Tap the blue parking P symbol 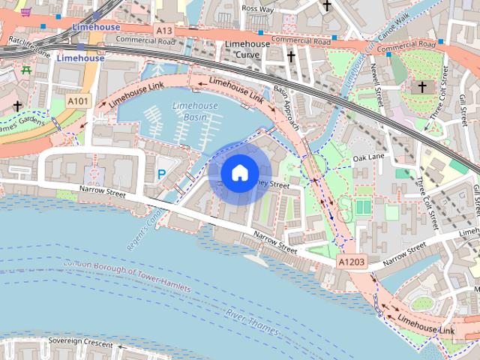pyautogui.click(x=161, y=174)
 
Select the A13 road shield pyautogui.click(x=164, y=29)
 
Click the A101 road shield pyautogui.click(x=78, y=100)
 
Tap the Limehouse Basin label pyautogui.click(x=195, y=111)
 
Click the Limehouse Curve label pyautogui.click(x=247, y=49)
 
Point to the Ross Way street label pyautogui.click(x=257, y=9)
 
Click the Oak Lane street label pyautogui.click(x=368, y=158)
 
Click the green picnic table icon pyautogui.click(x=26, y=70)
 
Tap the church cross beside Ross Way pyautogui.click(x=326, y=6)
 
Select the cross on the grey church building pyautogui.click(x=421, y=88)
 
